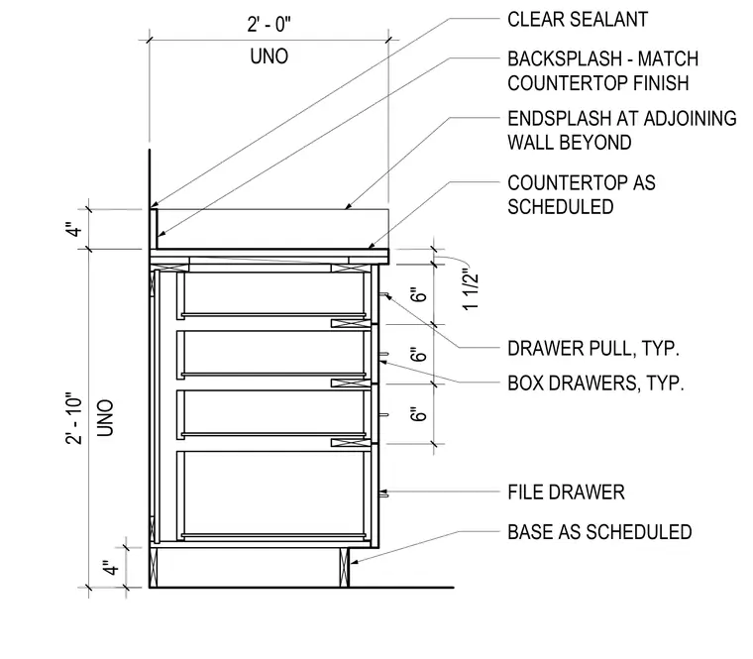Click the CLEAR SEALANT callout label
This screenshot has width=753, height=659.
click(578, 20)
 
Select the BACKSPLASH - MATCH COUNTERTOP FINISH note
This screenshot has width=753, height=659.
click(602, 71)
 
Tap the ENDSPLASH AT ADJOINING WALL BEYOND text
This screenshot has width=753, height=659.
click(622, 131)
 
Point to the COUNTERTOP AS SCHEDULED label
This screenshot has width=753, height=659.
click(581, 195)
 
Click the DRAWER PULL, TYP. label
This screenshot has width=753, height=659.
click(593, 348)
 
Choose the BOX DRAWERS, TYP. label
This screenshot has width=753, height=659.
click(595, 384)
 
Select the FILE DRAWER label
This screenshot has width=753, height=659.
click(566, 493)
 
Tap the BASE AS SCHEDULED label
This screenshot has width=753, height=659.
click(599, 532)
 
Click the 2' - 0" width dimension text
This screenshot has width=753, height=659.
click(269, 24)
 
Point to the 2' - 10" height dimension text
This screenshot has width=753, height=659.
click(74, 419)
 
